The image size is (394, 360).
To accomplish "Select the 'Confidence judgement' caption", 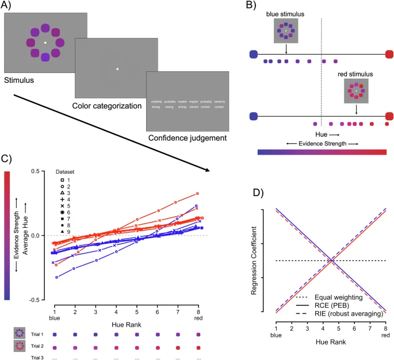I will click(188, 138).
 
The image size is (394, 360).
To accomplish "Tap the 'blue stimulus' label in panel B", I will click(285, 13).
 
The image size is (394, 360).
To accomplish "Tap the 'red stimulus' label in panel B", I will click(355, 74).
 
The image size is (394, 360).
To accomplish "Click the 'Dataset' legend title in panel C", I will click(65, 171).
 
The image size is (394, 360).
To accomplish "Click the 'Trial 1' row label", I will click(38, 333).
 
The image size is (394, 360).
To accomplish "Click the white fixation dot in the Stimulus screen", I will click(45, 43).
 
